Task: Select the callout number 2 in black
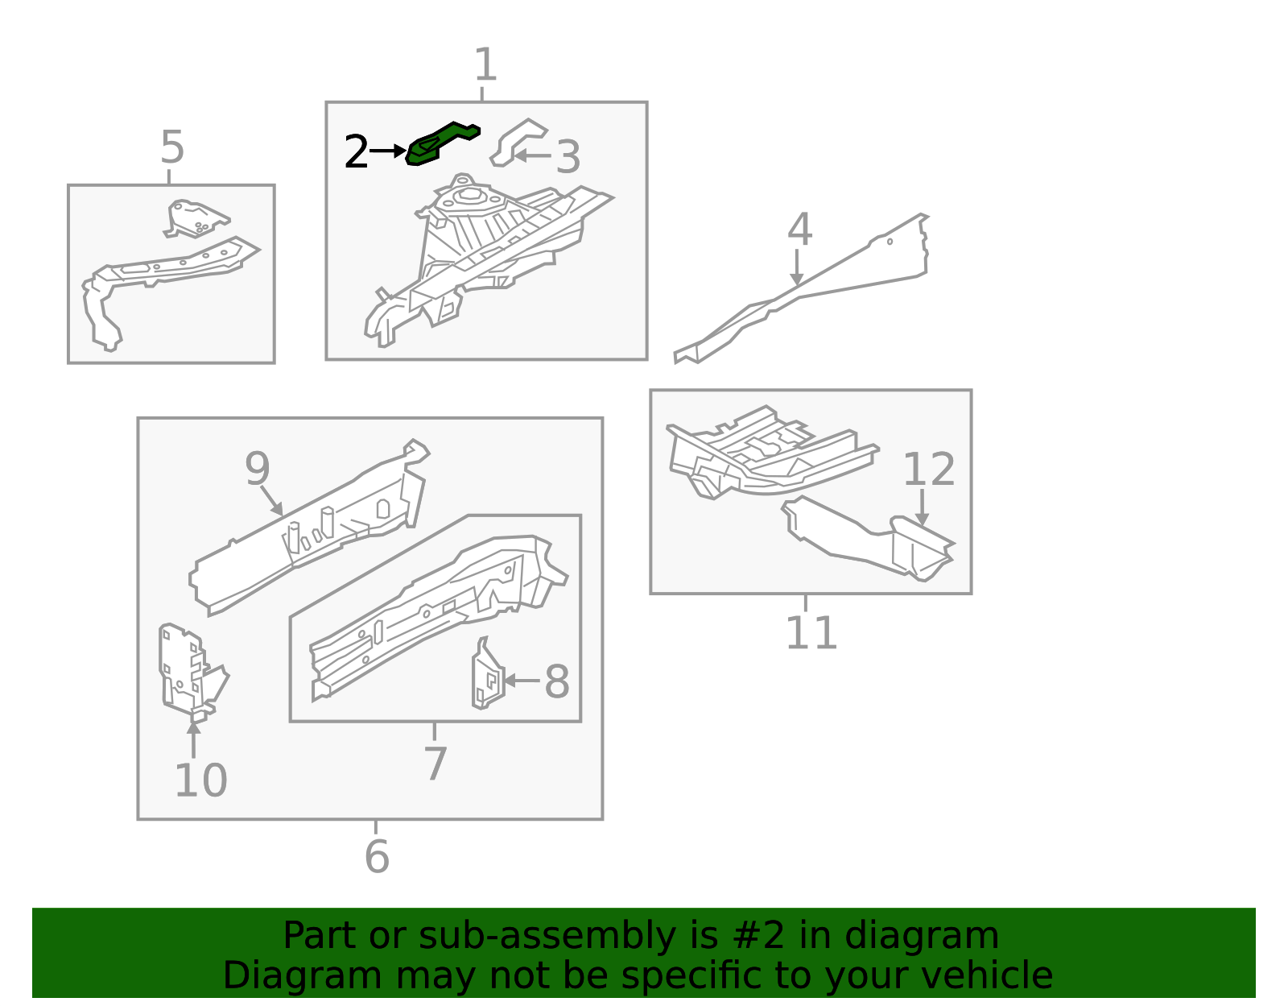pyautogui.click(x=356, y=152)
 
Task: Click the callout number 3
pyautogui.click(x=568, y=157)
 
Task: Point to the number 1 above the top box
pyautogui.click(x=485, y=64)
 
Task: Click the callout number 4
pyautogui.click(x=799, y=230)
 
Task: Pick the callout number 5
pyautogui.click(x=172, y=147)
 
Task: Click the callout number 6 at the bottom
pyautogui.click(x=377, y=856)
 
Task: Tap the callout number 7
pyautogui.click(x=435, y=763)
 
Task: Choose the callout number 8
pyautogui.click(x=557, y=682)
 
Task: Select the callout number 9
pyautogui.click(x=258, y=469)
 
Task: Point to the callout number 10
pyautogui.click(x=200, y=780)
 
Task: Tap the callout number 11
pyautogui.click(x=811, y=633)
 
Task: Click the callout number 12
pyautogui.click(x=928, y=470)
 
